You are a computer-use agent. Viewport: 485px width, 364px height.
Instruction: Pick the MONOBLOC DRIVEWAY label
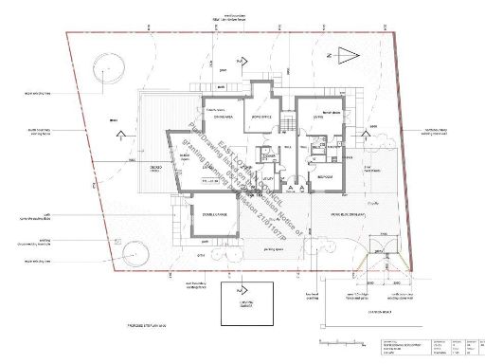[x=343, y=214]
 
